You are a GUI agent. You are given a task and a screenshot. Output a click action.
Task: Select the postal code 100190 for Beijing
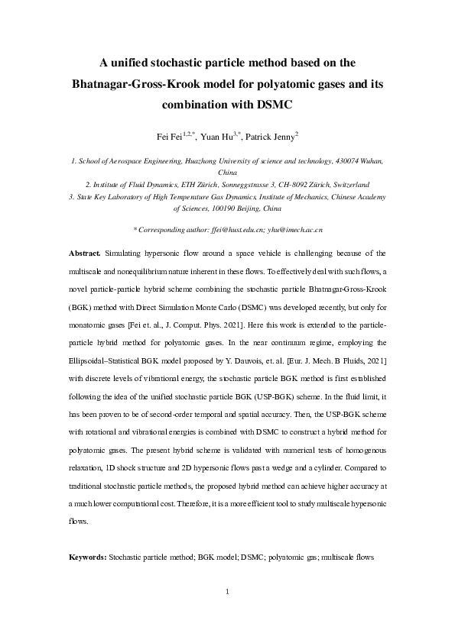point(223,207)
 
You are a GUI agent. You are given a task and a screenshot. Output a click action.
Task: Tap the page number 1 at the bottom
point(228,592)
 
